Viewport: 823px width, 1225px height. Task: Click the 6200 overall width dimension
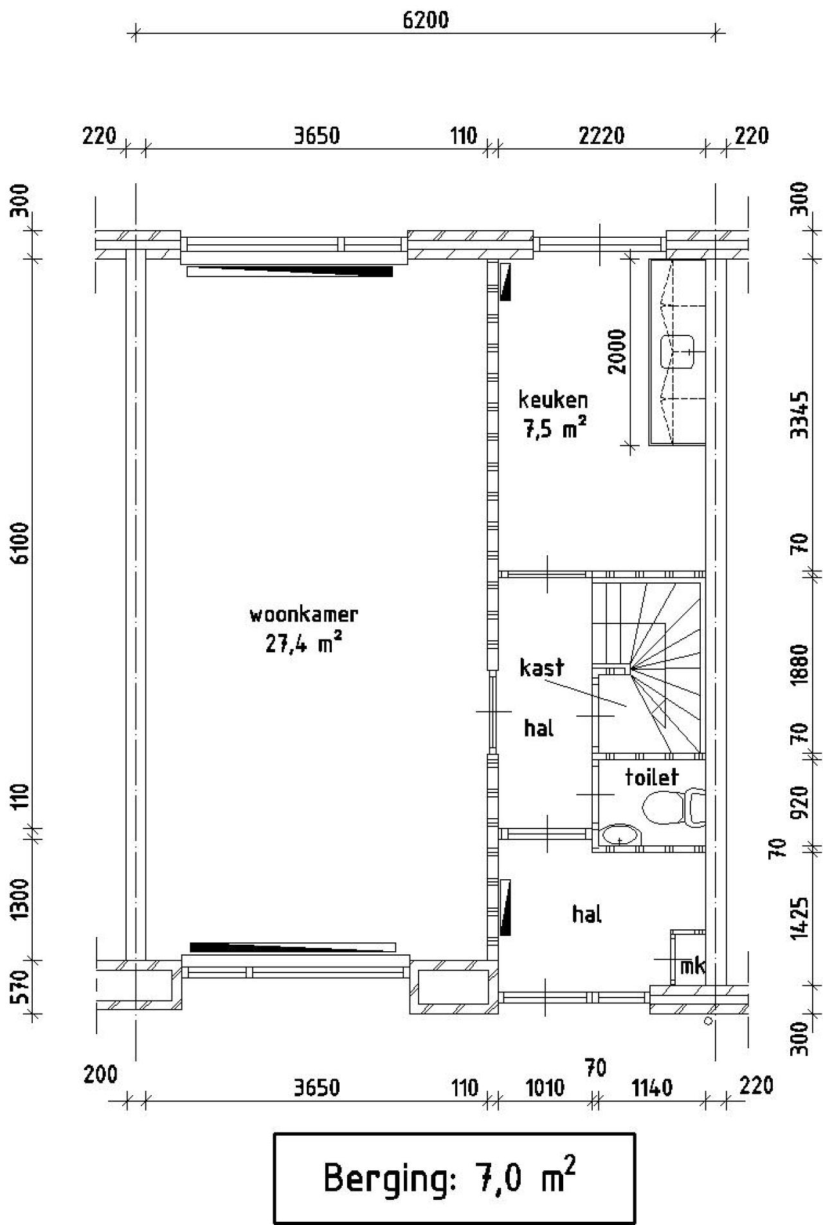pos(425,20)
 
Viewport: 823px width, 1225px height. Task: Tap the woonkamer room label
pos(303,614)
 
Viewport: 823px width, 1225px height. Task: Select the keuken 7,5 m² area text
pos(554,429)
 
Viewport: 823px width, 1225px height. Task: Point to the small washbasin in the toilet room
pos(621,836)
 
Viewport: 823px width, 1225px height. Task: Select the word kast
pos(541,667)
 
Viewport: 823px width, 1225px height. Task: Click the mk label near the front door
pos(692,966)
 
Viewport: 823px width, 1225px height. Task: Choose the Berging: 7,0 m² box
pos(454,1178)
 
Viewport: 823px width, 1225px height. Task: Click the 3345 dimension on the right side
pos(799,415)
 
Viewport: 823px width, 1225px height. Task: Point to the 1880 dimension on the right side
pos(799,665)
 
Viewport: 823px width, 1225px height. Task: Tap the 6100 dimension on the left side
pos(21,544)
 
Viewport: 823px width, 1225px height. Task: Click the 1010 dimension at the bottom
pos(545,1089)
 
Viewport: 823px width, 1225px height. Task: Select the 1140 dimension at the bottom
pos(652,1089)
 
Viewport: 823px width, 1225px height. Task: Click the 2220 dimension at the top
pos(601,136)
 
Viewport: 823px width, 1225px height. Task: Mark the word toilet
pos(651,778)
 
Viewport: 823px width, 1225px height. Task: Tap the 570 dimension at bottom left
pos(21,987)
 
